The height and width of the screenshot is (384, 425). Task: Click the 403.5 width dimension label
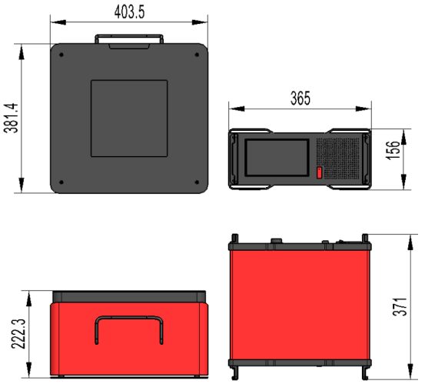(129, 12)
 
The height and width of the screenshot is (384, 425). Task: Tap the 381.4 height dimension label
(11, 118)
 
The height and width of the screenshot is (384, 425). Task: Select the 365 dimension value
(300, 99)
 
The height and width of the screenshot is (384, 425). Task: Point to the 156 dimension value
(393, 150)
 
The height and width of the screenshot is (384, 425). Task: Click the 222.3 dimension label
(18, 333)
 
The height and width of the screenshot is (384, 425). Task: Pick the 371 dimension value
(400, 306)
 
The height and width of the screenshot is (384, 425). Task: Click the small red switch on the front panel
(319, 172)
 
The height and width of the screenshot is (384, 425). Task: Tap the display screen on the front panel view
(277, 158)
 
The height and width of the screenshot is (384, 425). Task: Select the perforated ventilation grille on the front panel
(338, 159)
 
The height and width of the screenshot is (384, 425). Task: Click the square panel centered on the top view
(129, 118)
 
